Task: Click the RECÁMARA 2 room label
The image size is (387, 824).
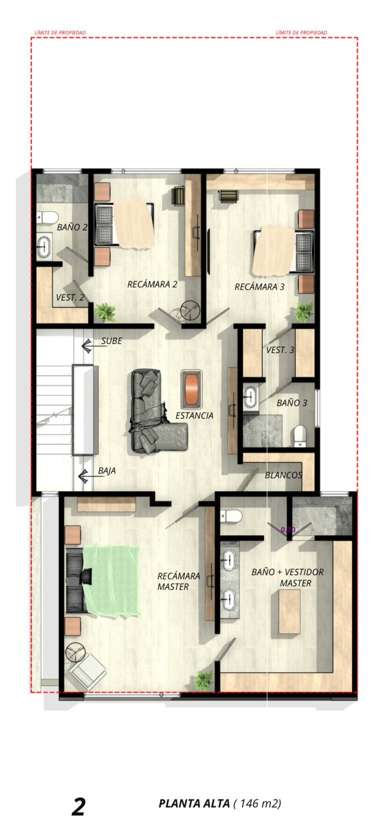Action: pyautogui.click(x=152, y=284)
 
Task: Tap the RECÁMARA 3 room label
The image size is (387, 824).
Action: pyautogui.click(x=259, y=287)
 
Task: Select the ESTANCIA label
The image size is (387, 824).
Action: pyautogui.click(x=194, y=416)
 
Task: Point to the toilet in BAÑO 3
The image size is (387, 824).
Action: pyautogui.click(x=300, y=436)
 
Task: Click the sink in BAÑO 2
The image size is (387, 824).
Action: pyautogui.click(x=44, y=246)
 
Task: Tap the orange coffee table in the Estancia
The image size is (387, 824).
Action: pyautogui.click(x=191, y=389)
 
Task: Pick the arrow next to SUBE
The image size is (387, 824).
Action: pyautogui.click(x=91, y=346)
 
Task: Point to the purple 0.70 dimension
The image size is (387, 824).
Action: pyautogui.click(x=288, y=530)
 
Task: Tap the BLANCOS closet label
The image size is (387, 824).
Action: pyautogui.click(x=284, y=475)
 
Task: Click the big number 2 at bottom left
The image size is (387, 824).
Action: pyautogui.click(x=79, y=806)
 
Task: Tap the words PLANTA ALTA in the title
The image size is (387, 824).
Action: pyautogui.click(x=194, y=803)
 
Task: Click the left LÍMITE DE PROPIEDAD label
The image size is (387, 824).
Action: pyautogui.click(x=60, y=33)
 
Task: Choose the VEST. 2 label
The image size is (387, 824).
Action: pyautogui.click(x=70, y=297)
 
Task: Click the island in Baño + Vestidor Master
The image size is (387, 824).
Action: pyautogui.click(x=289, y=611)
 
